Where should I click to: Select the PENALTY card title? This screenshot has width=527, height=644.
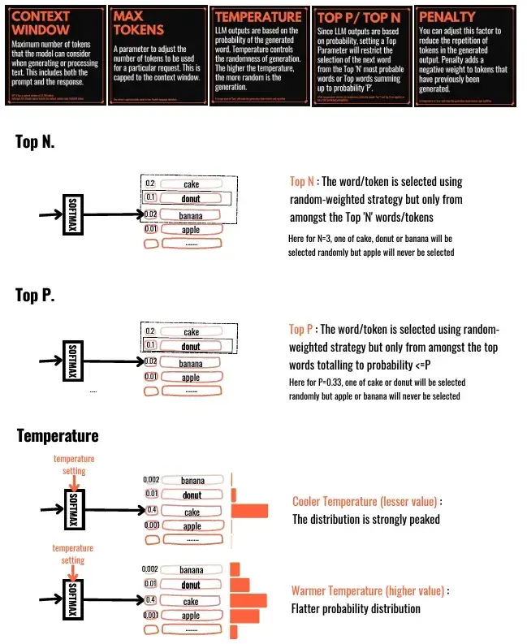click(x=447, y=15)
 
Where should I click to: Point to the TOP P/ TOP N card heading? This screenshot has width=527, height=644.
click(x=359, y=15)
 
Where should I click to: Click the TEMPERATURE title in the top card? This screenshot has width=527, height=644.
click(x=257, y=15)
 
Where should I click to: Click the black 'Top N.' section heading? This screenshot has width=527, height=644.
click(x=35, y=141)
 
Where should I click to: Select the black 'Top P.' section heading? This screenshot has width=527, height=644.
click(x=35, y=295)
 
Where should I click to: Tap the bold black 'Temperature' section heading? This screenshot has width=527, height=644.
click(x=57, y=436)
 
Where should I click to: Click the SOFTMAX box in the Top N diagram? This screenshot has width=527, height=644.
click(x=71, y=214)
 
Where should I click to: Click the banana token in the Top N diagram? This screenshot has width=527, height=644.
click(x=191, y=215)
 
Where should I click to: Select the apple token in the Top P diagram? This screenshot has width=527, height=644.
click(x=191, y=377)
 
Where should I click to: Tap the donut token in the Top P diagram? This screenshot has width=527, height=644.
click(x=191, y=347)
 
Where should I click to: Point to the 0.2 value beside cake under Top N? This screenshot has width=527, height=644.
click(x=150, y=184)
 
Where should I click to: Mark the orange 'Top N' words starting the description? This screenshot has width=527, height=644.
click(x=301, y=182)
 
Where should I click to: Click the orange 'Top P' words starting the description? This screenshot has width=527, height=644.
click(x=301, y=329)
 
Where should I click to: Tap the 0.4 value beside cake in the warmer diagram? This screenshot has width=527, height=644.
click(x=150, y=601)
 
